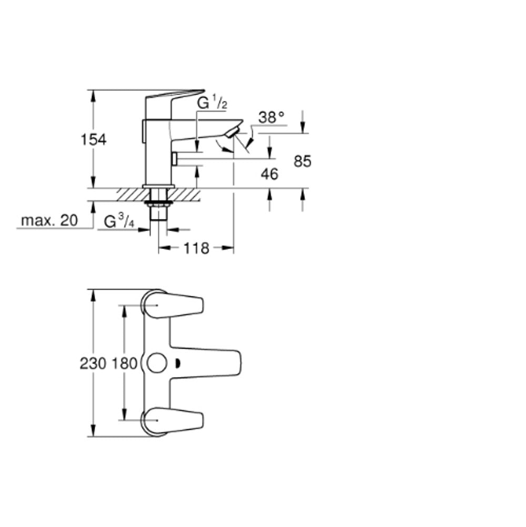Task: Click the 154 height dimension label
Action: (94, 139)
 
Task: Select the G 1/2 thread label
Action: (212, 102)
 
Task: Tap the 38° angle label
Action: (271, 117)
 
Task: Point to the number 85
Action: (302, 161)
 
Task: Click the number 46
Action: (270, 174)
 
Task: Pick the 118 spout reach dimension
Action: (196, 249)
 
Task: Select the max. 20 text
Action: (49, 221)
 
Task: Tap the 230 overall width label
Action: (93, 364)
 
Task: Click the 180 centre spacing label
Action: (124, 364)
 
